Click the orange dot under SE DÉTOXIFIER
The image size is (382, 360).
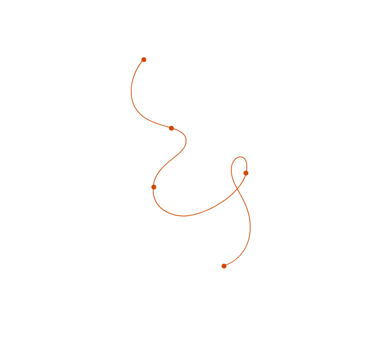point(144,60)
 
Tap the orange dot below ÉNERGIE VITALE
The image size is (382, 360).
point(171,128)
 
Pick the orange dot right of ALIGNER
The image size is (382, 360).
point(154,187)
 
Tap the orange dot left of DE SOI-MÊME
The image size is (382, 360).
point(246,173)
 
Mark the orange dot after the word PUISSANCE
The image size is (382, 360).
point(224,266)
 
